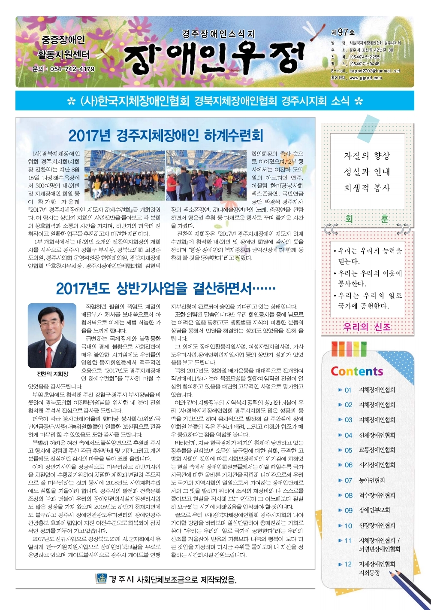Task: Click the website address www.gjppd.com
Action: [365, 78]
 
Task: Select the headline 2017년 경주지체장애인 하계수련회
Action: [166, 136]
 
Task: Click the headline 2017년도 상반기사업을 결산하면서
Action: [166, 288]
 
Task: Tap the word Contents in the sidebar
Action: [356, 371]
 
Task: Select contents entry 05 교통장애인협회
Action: [370, 450]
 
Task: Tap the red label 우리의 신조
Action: [367, 327]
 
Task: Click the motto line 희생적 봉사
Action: [367, 188]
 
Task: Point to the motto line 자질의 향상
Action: [367, 156]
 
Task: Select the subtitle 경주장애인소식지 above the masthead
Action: [218, 34]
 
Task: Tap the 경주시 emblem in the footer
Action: [101, 579]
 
